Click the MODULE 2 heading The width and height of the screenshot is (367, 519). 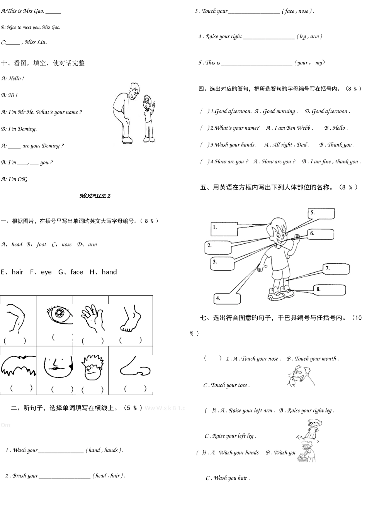tap(95, 196)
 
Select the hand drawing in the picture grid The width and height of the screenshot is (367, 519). tap(92, 318)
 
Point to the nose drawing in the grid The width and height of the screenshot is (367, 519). tap(134, 367)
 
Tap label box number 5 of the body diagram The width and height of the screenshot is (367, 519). tap(321, 214)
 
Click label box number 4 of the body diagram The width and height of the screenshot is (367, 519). tap(227, 298)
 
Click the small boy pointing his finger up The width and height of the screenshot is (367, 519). tap(149, 118)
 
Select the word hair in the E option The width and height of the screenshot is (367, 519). tap(17, 272)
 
